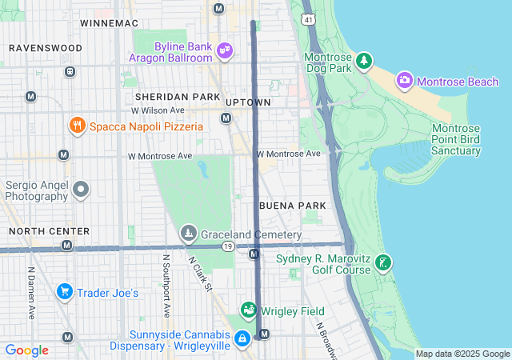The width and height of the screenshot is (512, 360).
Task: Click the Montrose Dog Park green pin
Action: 364,61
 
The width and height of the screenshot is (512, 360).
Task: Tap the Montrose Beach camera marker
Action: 405,80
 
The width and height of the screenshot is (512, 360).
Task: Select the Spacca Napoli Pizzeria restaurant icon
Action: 77,126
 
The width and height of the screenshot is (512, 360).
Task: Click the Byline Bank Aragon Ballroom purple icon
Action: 225,50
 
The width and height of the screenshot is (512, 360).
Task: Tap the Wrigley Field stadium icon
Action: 249,310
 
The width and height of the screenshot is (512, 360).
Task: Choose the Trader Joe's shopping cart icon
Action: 64,292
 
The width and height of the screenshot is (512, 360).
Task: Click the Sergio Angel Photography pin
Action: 81,190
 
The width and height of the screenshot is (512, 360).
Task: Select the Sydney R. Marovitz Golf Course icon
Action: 384,262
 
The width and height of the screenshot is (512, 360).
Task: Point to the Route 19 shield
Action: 229,248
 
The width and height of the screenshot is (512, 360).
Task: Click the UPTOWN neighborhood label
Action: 248,102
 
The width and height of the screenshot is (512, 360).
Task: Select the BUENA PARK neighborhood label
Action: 292,206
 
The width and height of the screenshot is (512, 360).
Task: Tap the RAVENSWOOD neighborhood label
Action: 46,48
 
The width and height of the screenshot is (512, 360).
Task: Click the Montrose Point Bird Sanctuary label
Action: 456,140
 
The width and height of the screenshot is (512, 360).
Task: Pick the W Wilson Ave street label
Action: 158,110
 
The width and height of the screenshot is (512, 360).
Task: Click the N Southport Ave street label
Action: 166,286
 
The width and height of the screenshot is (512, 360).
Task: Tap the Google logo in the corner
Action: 26,350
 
